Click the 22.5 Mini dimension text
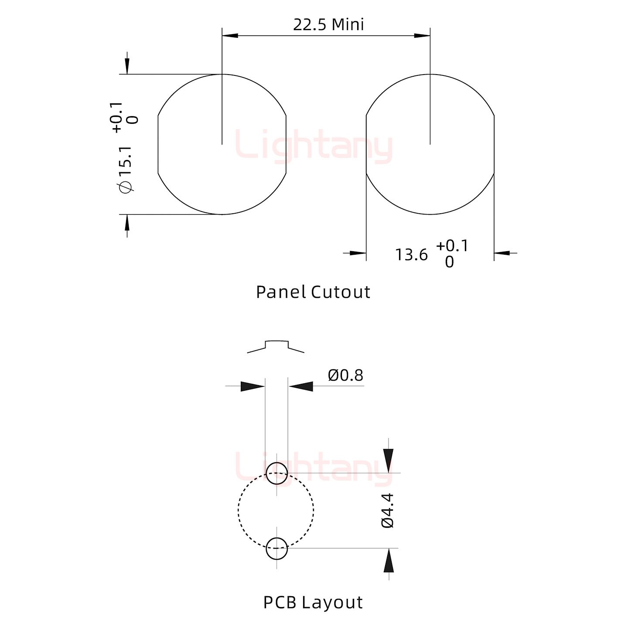[x=328, y=25]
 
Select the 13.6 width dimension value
[x=411, y=255]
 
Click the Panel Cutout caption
[x=313, y=292]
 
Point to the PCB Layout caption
[x=313, y=603]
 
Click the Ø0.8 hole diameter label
[x=345, y=375]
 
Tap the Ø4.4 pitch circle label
[x=388, y=510]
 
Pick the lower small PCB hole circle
[x=276, y=549]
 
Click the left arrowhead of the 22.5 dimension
[x=230, y=35]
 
